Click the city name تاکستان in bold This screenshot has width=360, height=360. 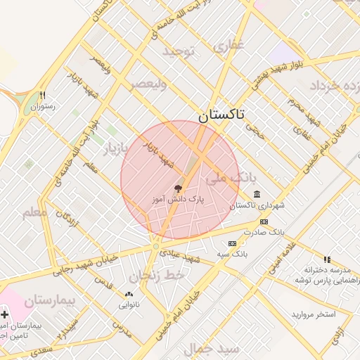tap(221, 116)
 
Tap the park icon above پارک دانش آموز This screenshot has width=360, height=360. tap(178, 188)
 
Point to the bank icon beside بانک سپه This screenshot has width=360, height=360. tap(232, 243)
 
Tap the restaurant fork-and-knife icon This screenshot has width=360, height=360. tap(43, 96)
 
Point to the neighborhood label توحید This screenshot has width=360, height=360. tap(177, 51)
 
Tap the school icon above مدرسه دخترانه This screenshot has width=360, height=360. tap(326, 259)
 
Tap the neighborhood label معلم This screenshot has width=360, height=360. tap(34, 210)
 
